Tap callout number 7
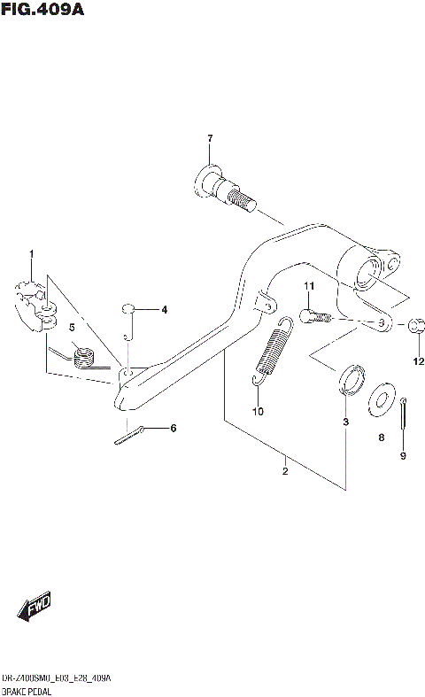tap(210, 139)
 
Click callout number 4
tap(163, 310)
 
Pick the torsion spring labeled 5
tap(83, 357)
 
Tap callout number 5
tap(72, 328)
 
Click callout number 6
tap(173, 429)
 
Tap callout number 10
tap(258, 412)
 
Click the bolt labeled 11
tap(314, 315)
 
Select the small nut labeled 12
tap(418, 327)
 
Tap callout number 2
tap(285, 471)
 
